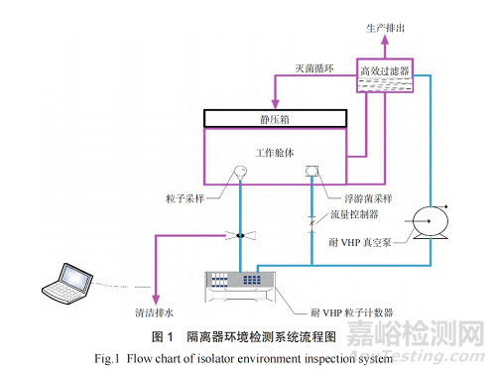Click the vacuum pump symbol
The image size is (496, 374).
(433, 218)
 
